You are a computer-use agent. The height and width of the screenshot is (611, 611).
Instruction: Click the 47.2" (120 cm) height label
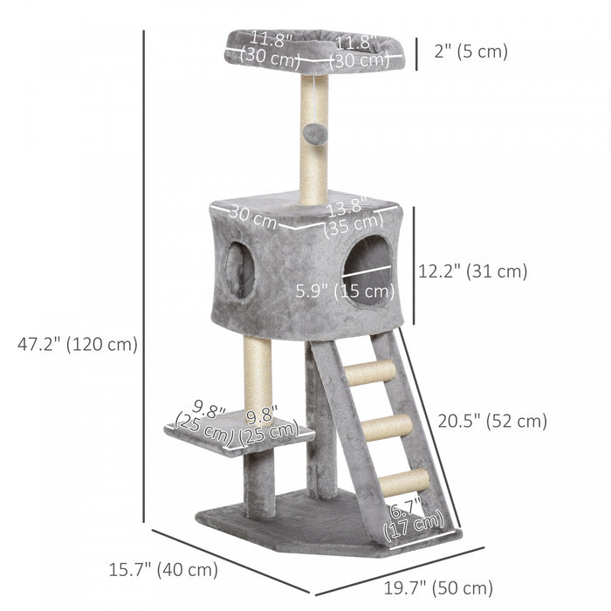click(x=78, y=344)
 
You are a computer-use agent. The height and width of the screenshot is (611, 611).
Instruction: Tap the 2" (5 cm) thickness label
click(x=470, y=51)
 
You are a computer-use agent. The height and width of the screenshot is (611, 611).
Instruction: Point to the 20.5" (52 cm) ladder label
click(x=492, y=421)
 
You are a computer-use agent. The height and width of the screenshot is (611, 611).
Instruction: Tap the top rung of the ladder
click(x=369, y=374)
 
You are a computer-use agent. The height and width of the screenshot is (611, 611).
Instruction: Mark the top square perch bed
click(x=314, y=51)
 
